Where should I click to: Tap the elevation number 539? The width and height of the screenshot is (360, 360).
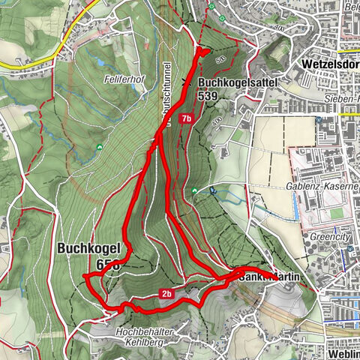click(x=209, y=96)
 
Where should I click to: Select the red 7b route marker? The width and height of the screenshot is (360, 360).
click(x=187, y=118)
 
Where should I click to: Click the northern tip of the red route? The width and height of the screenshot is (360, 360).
click(x=202, y=51)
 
